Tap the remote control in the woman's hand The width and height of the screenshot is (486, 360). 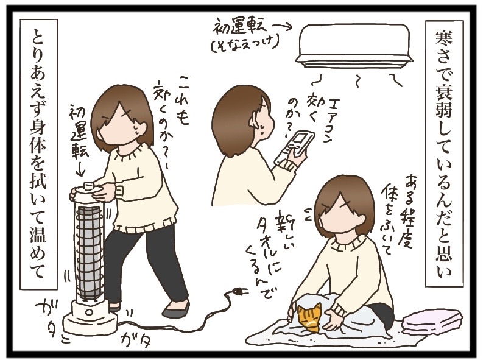pyautogui.click(x=294, y=148)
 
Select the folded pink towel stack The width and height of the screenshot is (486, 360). pyautogui.click(x=432, y=320)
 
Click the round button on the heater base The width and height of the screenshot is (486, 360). pyautogui.click(x=89, y=311)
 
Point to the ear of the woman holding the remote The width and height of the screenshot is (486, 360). pyautogui.click(x=255, y=118)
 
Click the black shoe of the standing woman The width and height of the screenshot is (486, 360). pyautogui.click(x=175, y=308)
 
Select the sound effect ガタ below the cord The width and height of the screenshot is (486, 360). pyautogui.click(x=137, y=340)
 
